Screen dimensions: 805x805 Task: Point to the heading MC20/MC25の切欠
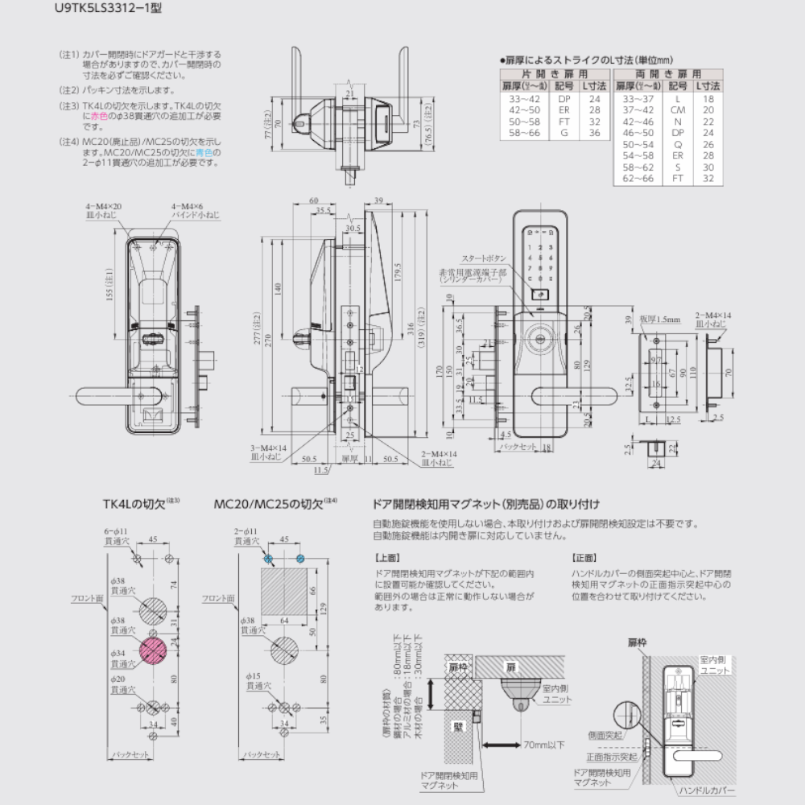271,506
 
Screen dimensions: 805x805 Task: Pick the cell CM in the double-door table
678,109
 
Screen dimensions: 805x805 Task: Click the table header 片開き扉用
555,73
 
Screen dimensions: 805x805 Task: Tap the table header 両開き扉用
667,73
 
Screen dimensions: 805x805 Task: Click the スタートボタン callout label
484,258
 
